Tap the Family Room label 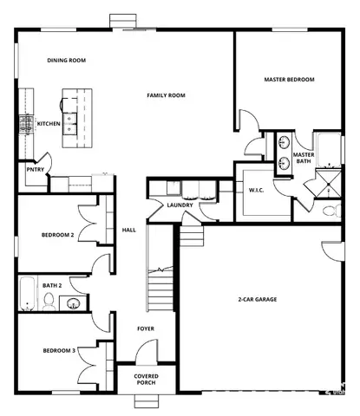coord(167,95)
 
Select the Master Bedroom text coord(289,80)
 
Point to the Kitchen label coord(49,124)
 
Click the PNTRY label coord(34,170)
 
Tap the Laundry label coord(179,205)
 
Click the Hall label coord(129,230)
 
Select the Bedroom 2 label coord(58,235)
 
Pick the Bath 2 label coord(53,284)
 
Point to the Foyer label coord(146,328)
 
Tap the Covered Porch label coord(146,380)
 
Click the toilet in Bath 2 coord(49,302)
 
